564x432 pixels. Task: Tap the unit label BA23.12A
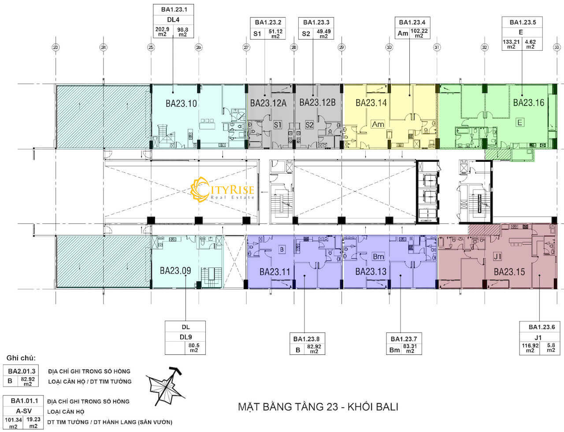[x=268, y=103]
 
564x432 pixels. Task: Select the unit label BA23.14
[x=371, y=103]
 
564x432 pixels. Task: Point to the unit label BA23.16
[x=528, y=103]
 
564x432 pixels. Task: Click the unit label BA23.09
[x=175, y=270]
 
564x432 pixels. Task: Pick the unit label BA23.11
[x=275, y=272]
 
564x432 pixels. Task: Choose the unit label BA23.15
[x=509, y=272]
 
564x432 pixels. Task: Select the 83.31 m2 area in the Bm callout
[x=410, y=348]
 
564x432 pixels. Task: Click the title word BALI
[x=385, y=406]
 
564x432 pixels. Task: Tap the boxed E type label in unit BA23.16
[x=520, y=123]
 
